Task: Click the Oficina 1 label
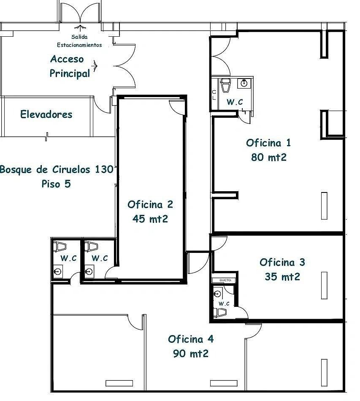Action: click(x=268, y=143)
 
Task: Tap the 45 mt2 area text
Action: click(x=150, y=219)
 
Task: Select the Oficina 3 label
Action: click(x=282, y=262)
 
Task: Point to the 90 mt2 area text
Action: click(x=190, y=353)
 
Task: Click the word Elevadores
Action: click(x=46, y=114)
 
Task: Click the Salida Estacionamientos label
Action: click(x=79, y=41)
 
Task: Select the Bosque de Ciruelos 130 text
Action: click(x=57, y=169)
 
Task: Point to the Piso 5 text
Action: click(x=56, y=184)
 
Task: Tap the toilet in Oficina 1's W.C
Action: click(x=225, y=85)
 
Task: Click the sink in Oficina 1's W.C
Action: click(x=244, y=83)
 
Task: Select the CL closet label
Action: click(x=214, y=95)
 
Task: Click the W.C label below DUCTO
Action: click(x=224, y=303)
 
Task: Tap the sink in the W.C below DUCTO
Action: click(x=218, y=294)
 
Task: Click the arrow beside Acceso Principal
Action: click(x=95, y=66)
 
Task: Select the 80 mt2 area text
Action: click(x=268, y=157)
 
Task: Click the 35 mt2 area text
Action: click(x=282, y=276)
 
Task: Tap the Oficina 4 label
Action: click(x=191, y=339)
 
